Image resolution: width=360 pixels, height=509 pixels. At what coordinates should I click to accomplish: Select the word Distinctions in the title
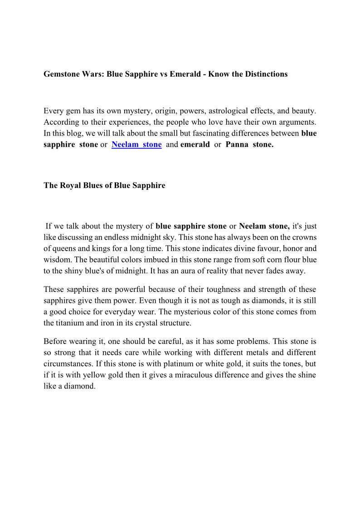click(266, 74)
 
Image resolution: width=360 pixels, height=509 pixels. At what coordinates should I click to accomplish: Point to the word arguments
click(297, 122)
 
